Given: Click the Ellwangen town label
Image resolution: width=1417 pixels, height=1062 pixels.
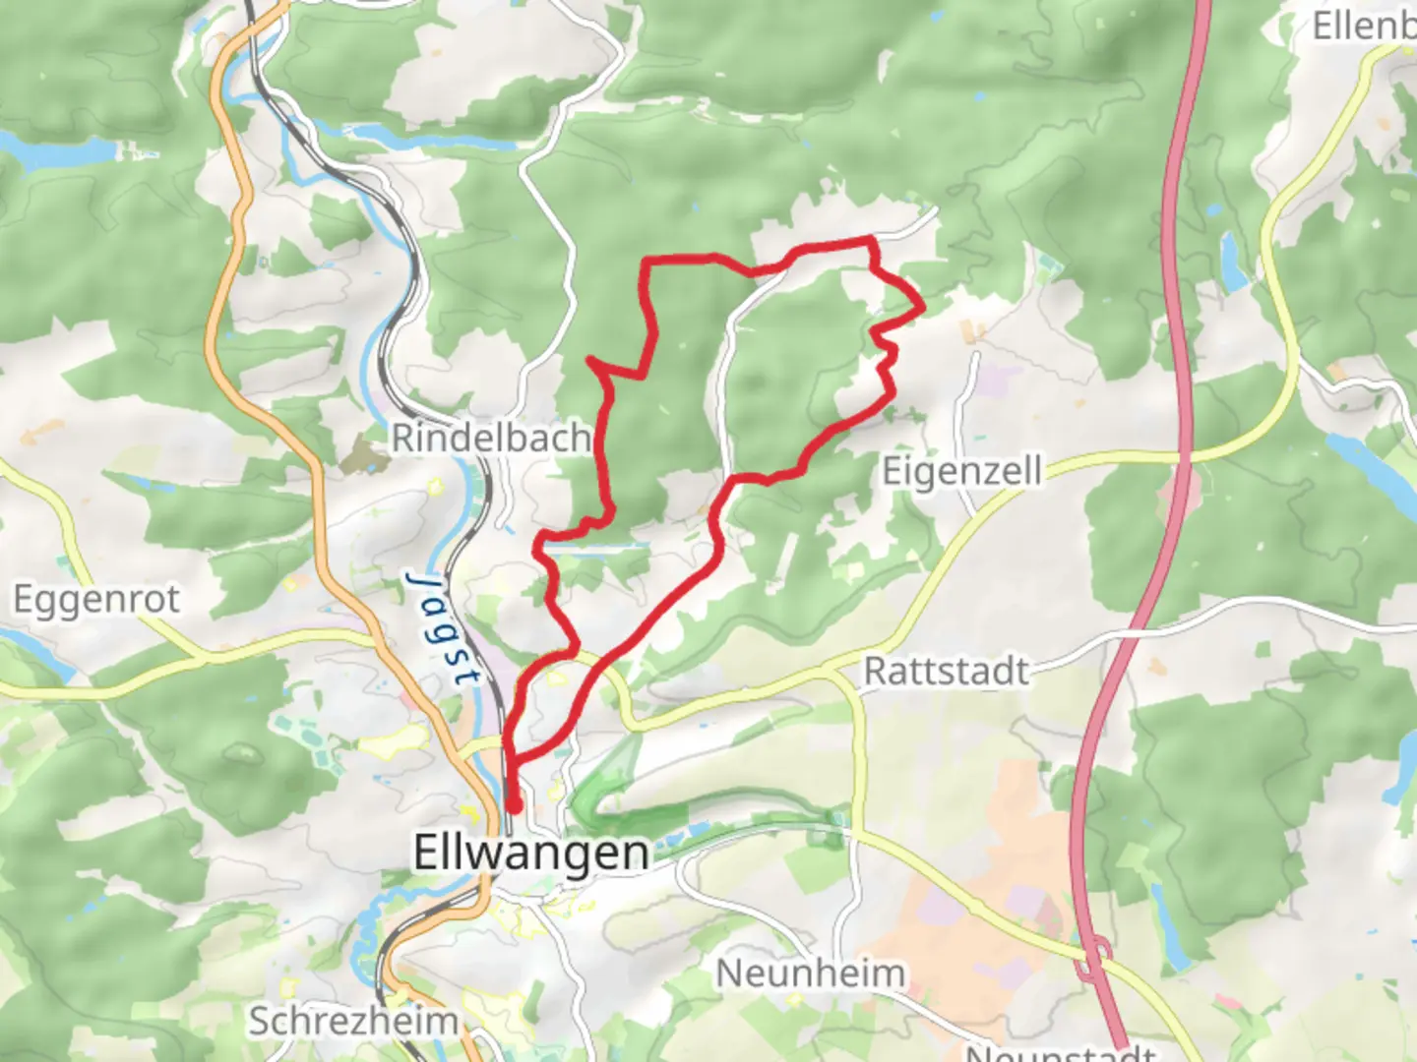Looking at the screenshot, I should click(530, 852).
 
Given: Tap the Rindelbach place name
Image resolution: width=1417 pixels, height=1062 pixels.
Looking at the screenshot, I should click(491, 438).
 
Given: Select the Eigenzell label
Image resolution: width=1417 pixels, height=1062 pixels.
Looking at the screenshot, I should click(961, 471).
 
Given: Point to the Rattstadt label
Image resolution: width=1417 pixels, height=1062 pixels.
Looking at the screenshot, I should click(947, 672).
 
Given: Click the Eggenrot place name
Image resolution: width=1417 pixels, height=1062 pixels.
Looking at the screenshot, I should click(96, 598).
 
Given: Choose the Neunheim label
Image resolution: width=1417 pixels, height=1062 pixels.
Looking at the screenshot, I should click(810, 973).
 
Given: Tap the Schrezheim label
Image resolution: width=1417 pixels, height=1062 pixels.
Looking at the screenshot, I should click(352, 1021).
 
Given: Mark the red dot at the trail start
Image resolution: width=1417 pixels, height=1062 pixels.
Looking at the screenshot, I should click(513, 807).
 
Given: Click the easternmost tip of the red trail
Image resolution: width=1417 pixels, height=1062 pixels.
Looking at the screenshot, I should click(922, 307).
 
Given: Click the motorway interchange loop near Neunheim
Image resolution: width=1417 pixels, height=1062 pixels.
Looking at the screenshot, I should click(1093, 959).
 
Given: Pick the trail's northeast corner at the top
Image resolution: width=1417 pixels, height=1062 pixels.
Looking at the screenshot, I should click(871, 239).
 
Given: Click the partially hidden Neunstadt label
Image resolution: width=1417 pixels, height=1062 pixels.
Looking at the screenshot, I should click(1058, 1052).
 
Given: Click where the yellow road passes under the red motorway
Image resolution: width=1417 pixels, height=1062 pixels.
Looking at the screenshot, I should click(1180, 456).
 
